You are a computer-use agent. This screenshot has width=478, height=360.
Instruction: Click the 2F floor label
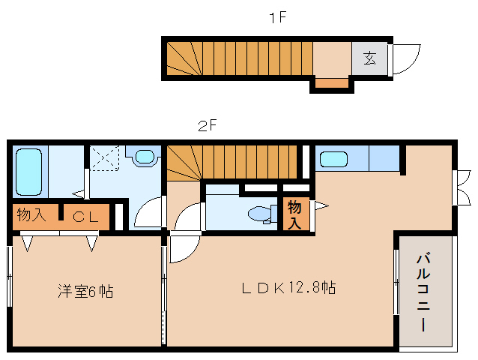207,126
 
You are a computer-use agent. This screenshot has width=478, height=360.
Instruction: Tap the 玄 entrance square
370,58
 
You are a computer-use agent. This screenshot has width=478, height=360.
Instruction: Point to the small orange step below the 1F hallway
332,82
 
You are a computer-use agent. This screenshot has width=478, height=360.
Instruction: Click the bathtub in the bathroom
29,172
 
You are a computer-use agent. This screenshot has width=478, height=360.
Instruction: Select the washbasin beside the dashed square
144,157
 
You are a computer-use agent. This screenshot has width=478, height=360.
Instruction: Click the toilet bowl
261,214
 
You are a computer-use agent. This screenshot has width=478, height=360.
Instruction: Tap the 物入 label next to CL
32,216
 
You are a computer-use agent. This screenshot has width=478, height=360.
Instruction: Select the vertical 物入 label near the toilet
295,214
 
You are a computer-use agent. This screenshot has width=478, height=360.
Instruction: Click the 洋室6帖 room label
85,291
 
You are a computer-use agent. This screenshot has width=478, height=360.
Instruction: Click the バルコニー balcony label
424,292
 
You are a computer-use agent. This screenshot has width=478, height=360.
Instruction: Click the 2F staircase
232,158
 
